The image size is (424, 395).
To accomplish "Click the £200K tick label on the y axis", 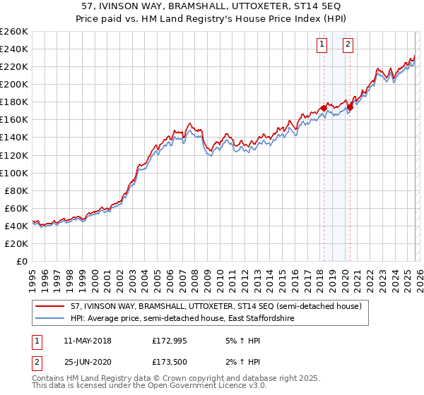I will click(x=13, y=84).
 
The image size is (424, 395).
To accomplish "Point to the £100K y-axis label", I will click(x=13, y=173).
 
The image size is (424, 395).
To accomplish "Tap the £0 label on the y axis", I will click(x=21, y=261).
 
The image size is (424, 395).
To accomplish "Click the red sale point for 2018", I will click(x=324, y=108).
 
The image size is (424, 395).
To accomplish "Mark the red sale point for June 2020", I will click(x=350, y=107).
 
